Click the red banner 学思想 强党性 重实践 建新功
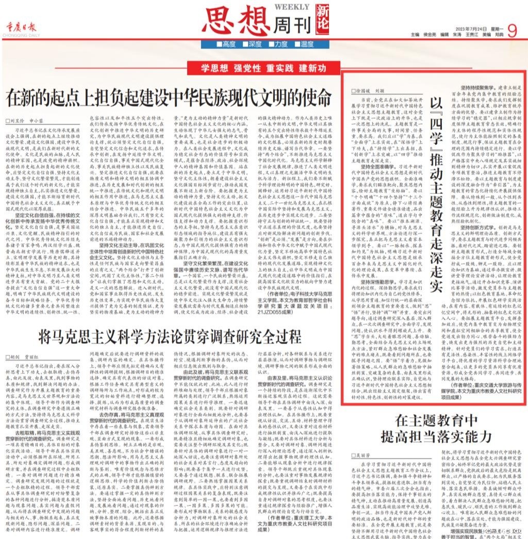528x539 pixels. point(264,68)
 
